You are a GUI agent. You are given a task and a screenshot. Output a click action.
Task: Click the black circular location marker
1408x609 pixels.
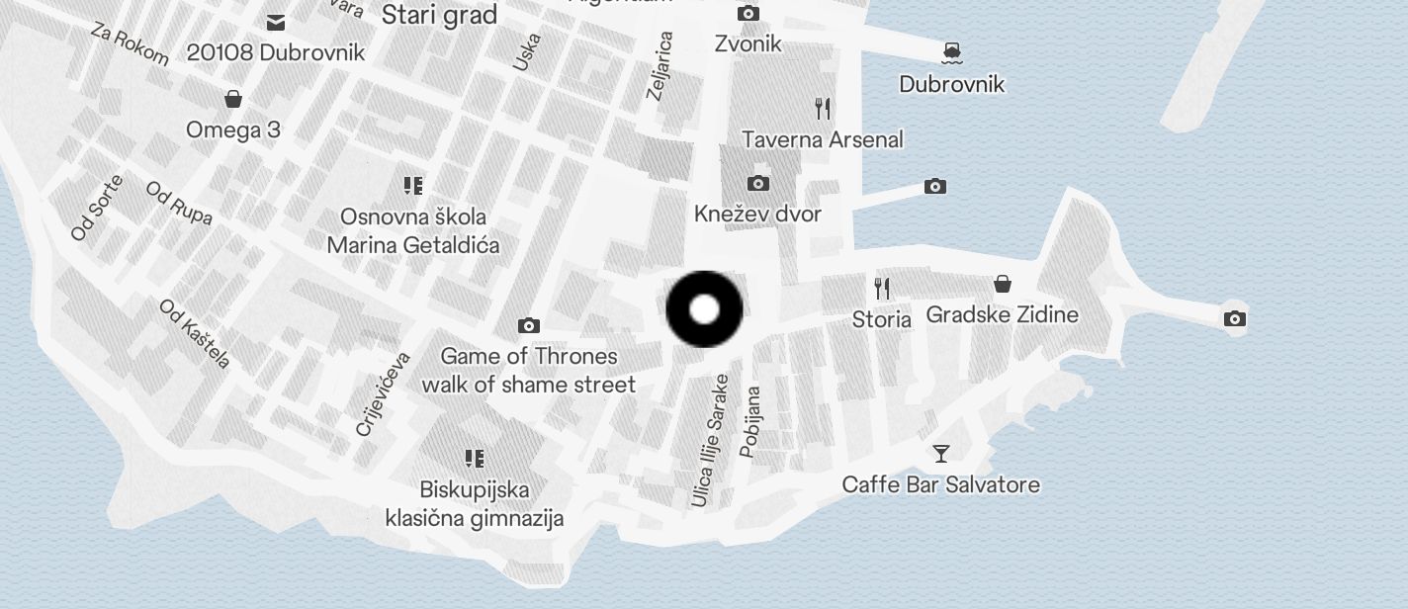pyautogui.click(x=704, y=309)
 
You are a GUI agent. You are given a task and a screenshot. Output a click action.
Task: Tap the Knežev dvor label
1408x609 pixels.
pyautogui.click(x=757, y=215)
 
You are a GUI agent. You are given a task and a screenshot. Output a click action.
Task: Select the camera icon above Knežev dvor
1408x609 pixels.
pyautogui.click(x=758, y=183)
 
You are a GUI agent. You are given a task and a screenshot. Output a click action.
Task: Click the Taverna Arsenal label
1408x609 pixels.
pyautogui.click(x=823, y=139)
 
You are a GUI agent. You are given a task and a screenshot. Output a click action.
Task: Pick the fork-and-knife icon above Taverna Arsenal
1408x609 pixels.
pyautogui.click(x=823, y=108)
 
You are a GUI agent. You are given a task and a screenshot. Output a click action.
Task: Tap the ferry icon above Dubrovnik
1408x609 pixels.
pyautogui.click(x=951, y=51)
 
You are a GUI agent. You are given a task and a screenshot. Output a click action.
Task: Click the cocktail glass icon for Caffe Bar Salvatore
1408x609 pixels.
pyautogui.click(x=940, y=454)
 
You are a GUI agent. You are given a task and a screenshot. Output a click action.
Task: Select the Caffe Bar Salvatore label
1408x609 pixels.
pyautogui.click(x=940, y=484)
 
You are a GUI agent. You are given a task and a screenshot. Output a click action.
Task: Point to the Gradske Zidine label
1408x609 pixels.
pyautogui.click(x=1002, y=314)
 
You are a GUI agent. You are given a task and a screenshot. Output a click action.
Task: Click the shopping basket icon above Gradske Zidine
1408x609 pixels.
pyautogui.click(x=1003, y=285)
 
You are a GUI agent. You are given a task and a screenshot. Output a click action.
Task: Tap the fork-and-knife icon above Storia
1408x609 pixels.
pyautogui.click(x=882, y=289)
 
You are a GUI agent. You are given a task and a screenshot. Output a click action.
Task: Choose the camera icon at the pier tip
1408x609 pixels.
pyautogui.click(x=1234, y=318)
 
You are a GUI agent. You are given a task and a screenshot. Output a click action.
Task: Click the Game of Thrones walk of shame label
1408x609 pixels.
pyautogui.click(x=529, y=370)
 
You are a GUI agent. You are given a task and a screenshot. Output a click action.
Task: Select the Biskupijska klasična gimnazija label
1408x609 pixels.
pyautogui.click(x=475, y=503)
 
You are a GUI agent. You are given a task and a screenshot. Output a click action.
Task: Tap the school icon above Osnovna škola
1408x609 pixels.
pyautogui.click(x=413, y=186)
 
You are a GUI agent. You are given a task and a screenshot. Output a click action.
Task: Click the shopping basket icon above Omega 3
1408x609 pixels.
pyautogui.click(x=233, y=99)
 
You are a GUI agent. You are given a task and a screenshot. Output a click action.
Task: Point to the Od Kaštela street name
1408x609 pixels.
pyautogui.click(x=195, y=333)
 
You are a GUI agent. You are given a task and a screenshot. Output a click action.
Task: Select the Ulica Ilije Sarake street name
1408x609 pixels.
pyautogui.click(x=710, y=441)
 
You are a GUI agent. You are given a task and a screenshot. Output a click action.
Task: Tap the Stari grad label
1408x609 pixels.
pyautogui.click(x=438, y=15)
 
